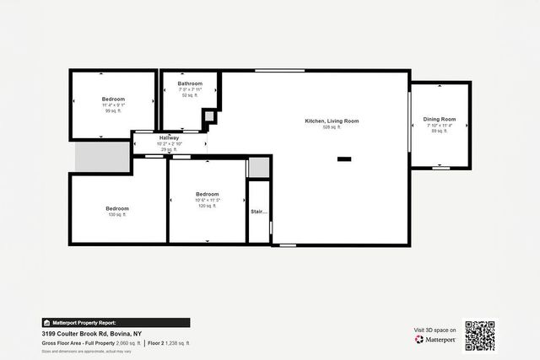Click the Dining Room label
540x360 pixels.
[x=439, y=120]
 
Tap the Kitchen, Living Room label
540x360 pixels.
[x=332, y=121]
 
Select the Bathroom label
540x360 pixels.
[x=190, y=83]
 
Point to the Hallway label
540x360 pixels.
[x=170, y=137]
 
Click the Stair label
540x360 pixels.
[x=258, y=212]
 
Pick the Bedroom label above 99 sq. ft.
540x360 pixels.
[x=112, y=99]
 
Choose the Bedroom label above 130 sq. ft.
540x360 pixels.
[x=117, y=208]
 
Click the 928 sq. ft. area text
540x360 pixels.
[x=332, y=127]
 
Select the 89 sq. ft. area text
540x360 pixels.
[x=439, y=132]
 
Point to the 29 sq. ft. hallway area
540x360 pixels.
[x=170, y=149]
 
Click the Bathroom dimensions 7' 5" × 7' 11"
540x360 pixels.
[x=190, y=89]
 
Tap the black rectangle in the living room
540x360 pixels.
[x=344, y=159]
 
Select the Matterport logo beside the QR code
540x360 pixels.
[x=435, y=339]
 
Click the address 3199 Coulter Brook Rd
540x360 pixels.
[x=85, y=334]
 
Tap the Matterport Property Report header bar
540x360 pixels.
[x=116, y=323]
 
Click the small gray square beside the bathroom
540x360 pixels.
[x=209, y=117]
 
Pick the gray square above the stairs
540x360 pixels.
[x=258, y=167]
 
